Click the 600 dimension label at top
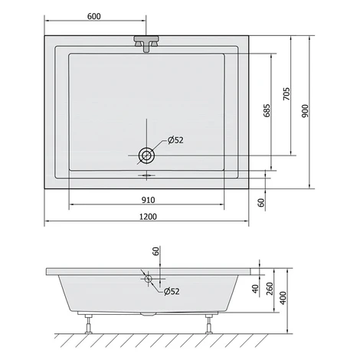pos(94,16)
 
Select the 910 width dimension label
pos(148,200)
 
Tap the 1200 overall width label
pos(148,217)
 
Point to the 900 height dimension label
pos(305,111)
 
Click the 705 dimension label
pos(286,93)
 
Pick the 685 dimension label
pos(267,110)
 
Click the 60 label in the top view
pos(261,202)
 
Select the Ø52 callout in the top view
pos(175,140)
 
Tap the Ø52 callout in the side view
pos(172,291)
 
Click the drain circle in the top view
pos(146,155)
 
